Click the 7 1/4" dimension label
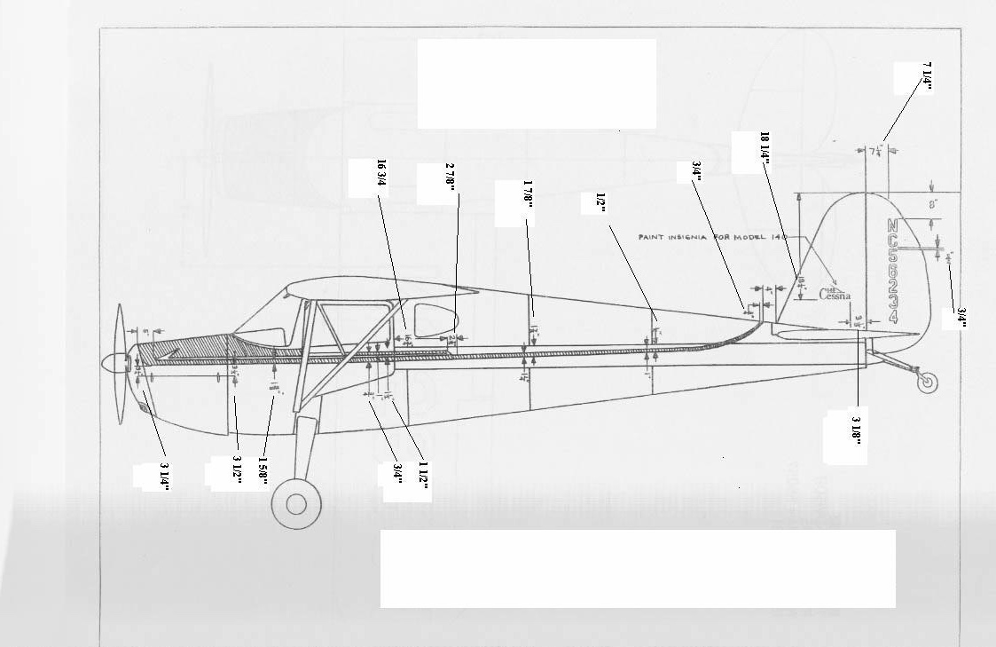(927, 77)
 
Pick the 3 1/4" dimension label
(164, 476)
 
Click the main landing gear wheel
(296, 504)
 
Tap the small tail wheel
(928, 383)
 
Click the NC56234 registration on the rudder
(892, 269)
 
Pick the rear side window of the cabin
(433, 320)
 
